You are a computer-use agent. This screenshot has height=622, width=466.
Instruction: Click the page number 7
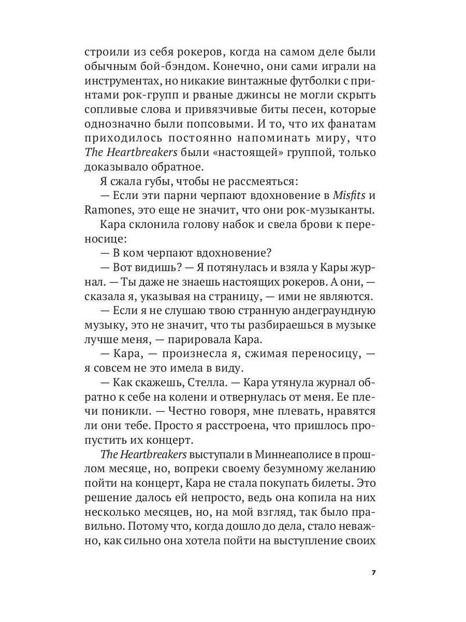pyautogui.click(x=373, y=573)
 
